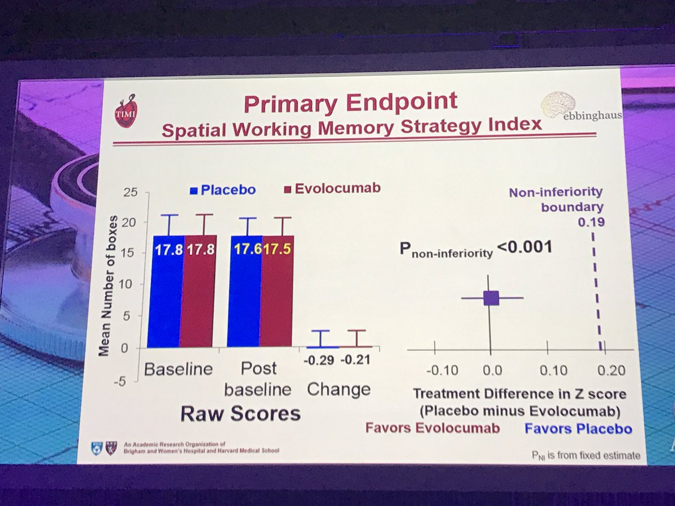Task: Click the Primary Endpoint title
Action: pos(351,103)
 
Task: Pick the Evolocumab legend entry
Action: pos(332,188)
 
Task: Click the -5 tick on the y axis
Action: pos(128,381)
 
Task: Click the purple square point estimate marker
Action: pos(491,298)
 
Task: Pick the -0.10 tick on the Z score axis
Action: pos(442,371)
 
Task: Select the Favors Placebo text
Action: pos(578,429)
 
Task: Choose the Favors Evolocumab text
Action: pos(433,428)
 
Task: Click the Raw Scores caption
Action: pos(240,414)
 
